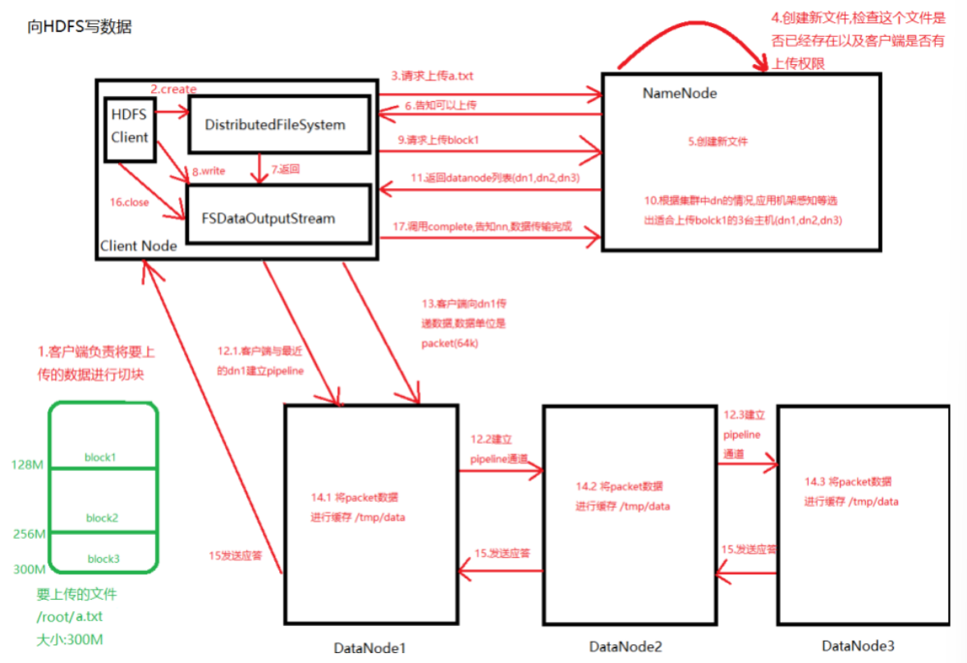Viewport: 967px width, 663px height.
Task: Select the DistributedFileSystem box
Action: tap(278, 125)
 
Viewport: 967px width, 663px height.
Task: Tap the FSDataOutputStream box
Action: tap(278, 219)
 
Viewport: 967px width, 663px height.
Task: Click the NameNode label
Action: tap(679, 94)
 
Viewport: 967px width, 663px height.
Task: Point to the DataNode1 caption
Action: tap(369, 648)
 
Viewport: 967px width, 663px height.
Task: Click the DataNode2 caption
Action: tap(626, 647)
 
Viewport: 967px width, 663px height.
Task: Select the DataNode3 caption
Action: tap(858, 645)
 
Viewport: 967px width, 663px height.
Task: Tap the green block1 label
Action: tap(101, 456)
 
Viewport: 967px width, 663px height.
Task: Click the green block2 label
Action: tap(103, 518)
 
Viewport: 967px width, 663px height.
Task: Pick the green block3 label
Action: tap(103, 559)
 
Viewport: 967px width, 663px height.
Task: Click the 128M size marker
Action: tap(28, 465)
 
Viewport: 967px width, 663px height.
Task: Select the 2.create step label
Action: tap(174, 88)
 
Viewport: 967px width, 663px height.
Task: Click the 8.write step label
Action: tap(209, 172)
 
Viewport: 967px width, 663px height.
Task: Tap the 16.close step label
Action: tap(130, 202)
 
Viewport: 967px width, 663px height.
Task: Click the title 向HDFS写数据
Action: tap(79, 27)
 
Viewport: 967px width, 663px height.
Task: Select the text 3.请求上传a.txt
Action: tap(432, 76)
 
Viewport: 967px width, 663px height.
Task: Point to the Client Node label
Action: tap(138, 246)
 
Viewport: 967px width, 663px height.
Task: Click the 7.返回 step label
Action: tap(286, 170)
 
